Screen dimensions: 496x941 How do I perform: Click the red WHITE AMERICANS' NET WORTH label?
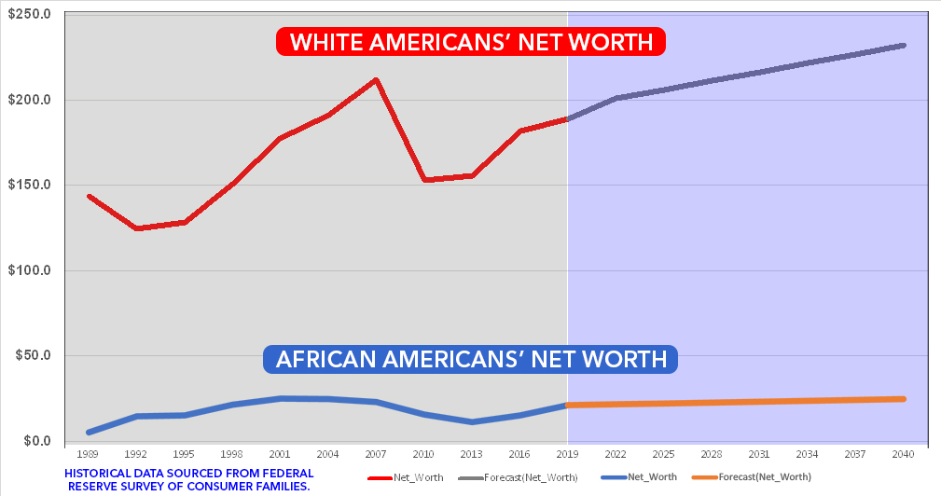pyautogui.click(x=471, y=42)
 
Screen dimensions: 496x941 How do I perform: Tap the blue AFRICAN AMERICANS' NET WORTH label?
pyautogui.click(x=471, y=359)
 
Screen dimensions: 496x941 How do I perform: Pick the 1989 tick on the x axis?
pyautogui.click(x=89, y=455)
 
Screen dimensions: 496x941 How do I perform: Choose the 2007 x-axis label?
pyautogui.click(x=375, y=455)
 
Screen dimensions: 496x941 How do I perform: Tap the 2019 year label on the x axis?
pyautogui.click(x=567, y=455)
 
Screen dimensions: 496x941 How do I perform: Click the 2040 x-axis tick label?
pyautogui.click(x=902, y=455)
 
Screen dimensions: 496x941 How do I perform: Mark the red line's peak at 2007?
pyautogui.click(x=375, y=79)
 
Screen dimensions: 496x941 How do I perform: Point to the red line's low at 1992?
pyautogui.click(x=137, y=228)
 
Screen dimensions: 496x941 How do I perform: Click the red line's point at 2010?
pyautogui.click(x=423, y=180)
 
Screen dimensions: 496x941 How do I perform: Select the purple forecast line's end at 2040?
pyautogui.click(x=903, y=45)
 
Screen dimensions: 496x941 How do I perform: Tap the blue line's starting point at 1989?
pyautogui.click(x=89, y=433)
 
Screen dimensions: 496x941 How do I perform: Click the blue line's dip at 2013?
pyautogui.click(x=472, y=422)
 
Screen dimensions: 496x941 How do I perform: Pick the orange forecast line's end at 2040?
pyautogui.click(x=903, y=399)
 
